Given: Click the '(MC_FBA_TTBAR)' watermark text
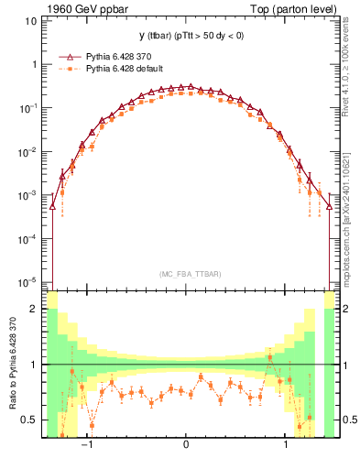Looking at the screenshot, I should point(188,274).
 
